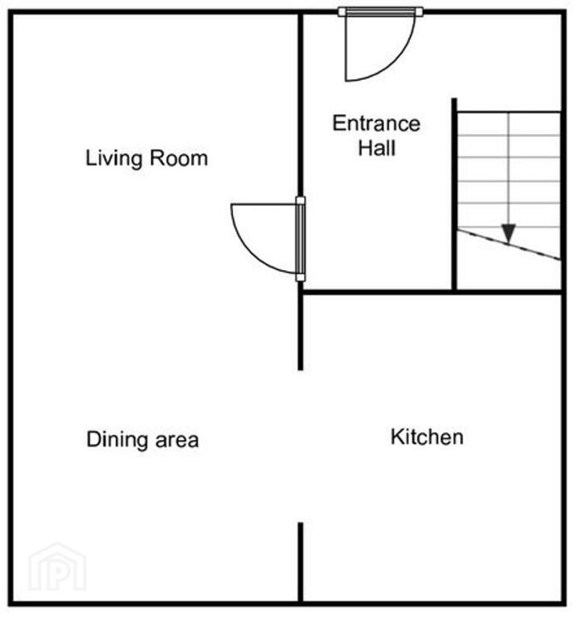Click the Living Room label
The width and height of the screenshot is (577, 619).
click(147, 159)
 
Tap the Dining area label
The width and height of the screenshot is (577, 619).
click(142, 440)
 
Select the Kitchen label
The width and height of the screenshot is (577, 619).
click(427, 437)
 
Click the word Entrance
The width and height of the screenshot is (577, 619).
click(376, 123)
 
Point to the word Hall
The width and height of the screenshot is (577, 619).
click(377, 148)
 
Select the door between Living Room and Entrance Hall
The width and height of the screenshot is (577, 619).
click(268, 239)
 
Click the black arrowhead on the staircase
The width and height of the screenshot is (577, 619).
click(508, 233)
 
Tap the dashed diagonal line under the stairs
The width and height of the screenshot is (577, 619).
click(509, 245)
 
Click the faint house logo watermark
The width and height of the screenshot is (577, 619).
click(58, 567)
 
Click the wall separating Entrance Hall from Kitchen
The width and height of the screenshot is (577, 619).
click(432, 292)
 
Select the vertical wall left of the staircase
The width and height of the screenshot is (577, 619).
click(454, 193)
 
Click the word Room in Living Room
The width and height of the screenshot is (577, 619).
click(179, 158)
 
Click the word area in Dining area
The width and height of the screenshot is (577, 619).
click(177, 441)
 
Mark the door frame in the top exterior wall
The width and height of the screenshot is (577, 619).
click(381, 12)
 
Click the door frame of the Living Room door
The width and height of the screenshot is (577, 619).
click(301, 239)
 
